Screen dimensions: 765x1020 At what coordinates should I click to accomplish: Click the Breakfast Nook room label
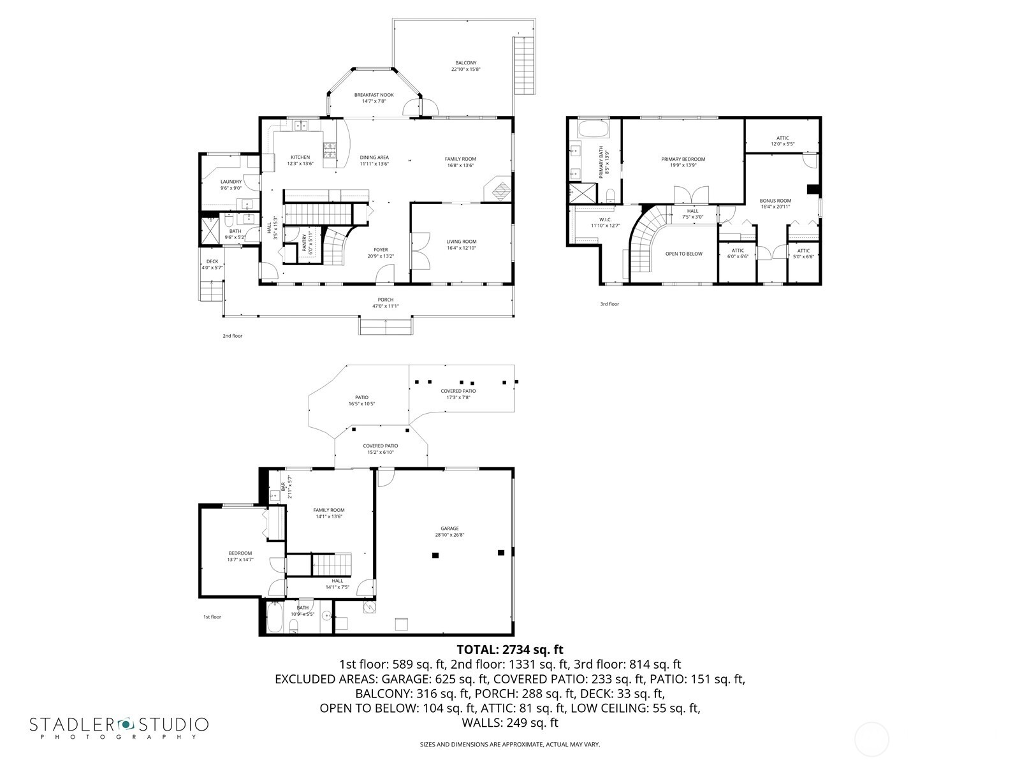point(374,95)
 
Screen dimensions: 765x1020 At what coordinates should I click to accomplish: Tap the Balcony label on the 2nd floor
point(465,63)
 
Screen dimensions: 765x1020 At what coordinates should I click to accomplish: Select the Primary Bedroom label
point(683,159)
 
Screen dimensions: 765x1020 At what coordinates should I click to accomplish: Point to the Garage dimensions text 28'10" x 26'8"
point(449,535)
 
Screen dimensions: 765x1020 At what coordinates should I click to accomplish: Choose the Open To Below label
point(683,254)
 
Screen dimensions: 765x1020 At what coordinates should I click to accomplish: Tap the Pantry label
point(304,244)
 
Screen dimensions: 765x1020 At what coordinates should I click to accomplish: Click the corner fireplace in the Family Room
point(499,189)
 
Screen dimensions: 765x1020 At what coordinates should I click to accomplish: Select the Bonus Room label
point(775,201)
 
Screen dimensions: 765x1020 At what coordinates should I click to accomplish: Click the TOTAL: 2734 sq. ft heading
point(510,650)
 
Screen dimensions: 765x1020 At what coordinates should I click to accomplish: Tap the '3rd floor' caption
point(609,304)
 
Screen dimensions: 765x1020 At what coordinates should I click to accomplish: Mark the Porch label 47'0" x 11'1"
point(385,303)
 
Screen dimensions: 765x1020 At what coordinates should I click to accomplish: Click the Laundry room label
point(231,182)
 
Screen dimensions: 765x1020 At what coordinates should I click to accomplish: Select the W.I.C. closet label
point(605,220)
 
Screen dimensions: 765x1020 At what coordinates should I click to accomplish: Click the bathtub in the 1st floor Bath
point(274,618)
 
